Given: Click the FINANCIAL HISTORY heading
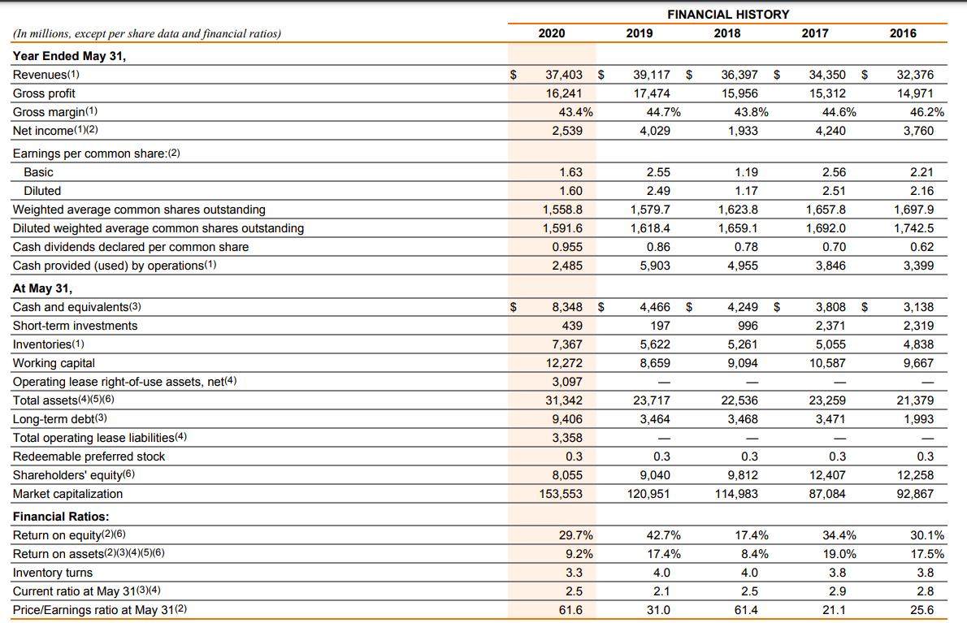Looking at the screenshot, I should pos(727,14).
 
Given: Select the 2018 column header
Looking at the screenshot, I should pos(727,33).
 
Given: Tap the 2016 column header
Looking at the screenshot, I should pos(903,33).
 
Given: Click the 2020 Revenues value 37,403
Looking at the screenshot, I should pos(563,75).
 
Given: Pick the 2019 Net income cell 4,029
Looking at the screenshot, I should pos(654,131).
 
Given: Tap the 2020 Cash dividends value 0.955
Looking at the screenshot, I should pos(566,247).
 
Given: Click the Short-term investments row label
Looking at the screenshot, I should pos(75,326).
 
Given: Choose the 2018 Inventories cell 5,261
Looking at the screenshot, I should pos(740,344).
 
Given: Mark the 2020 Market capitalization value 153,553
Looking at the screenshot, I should pos(560,494).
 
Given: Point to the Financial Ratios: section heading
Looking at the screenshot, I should pos(61,517).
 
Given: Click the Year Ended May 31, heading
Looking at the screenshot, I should pos(69,56).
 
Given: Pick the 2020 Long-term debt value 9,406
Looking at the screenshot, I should pos(566,419).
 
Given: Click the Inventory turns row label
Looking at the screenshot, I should pos(53,573).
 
